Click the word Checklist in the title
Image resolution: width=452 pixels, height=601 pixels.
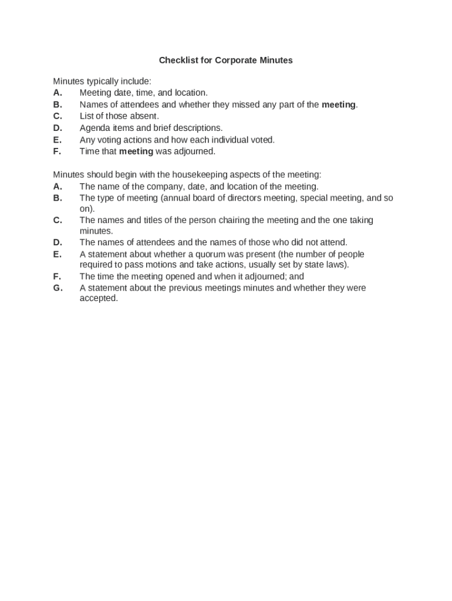pyautogui.click(x=178, y=60)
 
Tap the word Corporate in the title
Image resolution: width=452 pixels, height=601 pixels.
pyautogui.click(x=234, y=60)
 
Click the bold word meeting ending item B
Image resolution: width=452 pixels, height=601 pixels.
pyautogui.click(x=339, y=104)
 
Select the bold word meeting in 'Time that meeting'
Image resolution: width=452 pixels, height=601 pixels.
pyautogui.click(x=136, y=151)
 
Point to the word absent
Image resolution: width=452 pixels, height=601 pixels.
pyautogui.click(x=145, y=116)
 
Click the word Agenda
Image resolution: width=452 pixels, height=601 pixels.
pyautogui.click(x=95, y=128)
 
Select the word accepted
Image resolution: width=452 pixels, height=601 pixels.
pyautogui.click(x=99, y=298)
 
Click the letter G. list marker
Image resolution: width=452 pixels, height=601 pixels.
pyautogui.click(x=58, y=288)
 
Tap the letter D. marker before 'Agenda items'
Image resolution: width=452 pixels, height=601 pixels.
pyautogui.click(x=58, y=128)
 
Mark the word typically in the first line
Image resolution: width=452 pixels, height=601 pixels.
pyautogui.click(x=105, y=81)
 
